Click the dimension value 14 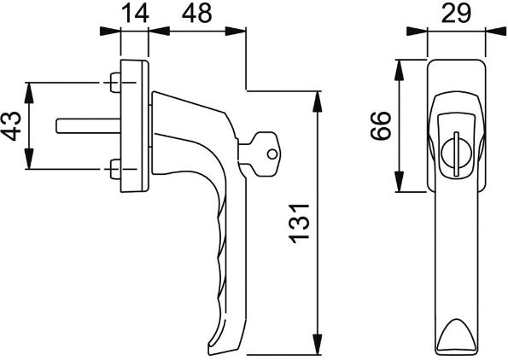point(135,14)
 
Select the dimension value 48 point(196,14)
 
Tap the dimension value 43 point(11,126)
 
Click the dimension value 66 point(380,125)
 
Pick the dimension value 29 point(456,14)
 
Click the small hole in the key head point(272,154)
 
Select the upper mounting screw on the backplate point(114,83)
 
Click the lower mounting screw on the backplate point(114,169)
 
